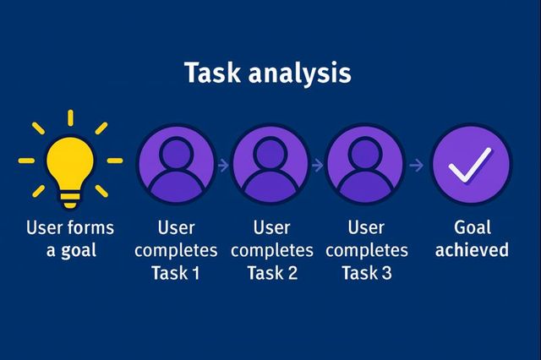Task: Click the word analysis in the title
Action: click(x=300, y=74)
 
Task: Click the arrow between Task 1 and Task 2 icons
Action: click(x=222, y=166)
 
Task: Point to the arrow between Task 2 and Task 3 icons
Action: click(x=317, y=166)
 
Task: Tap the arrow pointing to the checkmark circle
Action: click(x=415, y=166)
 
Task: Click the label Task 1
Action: click(x=175, y=273)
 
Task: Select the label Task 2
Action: click(x=270, y=273)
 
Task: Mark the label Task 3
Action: click(x=366, y=273)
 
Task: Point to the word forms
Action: click(x=91, y=228)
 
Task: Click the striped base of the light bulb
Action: click(x=70, y=199)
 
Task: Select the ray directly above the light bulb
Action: click(x=70, y=117)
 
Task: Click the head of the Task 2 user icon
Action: click(x=270, y=153)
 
